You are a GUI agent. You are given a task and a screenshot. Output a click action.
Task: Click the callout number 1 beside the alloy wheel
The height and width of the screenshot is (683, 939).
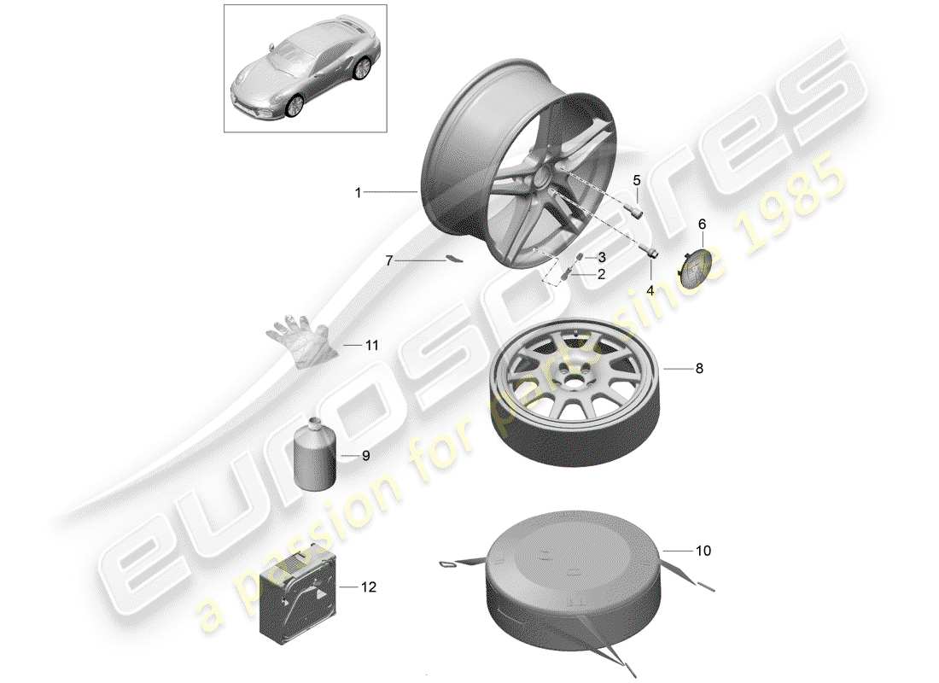359,193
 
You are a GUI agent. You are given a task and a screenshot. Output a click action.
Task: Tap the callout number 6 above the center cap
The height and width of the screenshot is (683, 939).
703,224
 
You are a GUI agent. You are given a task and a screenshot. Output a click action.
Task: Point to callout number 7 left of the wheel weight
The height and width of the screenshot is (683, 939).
389,260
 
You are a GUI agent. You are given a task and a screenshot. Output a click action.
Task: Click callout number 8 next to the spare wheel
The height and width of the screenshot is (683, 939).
699,369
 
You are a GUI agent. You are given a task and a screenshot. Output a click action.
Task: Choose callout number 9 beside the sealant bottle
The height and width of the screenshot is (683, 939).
365,456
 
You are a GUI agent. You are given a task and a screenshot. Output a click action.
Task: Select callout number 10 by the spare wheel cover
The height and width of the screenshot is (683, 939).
703,552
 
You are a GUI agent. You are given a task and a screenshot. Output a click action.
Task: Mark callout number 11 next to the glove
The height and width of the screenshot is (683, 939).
370,346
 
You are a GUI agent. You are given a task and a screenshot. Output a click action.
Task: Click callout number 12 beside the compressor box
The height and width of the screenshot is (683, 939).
369,587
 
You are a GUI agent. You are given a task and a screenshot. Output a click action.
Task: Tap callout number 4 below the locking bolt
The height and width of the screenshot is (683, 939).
650,290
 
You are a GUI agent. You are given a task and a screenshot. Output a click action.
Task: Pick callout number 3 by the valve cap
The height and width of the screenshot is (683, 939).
601,257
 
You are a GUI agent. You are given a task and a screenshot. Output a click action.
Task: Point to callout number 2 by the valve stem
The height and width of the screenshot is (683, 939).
601,274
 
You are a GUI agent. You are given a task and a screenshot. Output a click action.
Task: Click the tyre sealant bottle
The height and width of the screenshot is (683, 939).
314,454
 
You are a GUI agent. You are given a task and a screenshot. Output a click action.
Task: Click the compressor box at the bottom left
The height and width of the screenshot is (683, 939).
299,589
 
